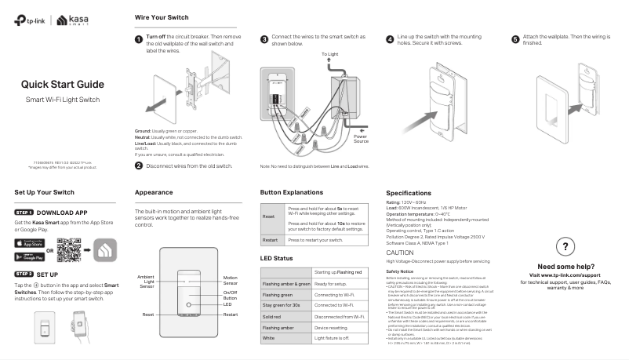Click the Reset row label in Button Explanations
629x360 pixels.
pos(268,216)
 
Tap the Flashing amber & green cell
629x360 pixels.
pos(285,283)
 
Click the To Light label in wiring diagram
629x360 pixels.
pos(330,54)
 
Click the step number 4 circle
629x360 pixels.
pos(390,38)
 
